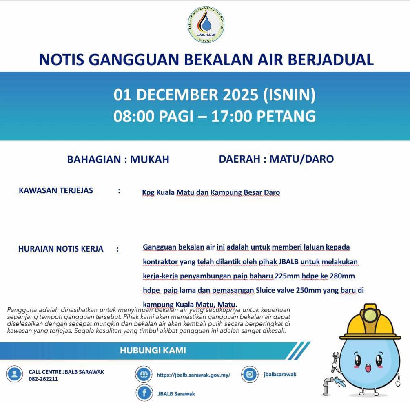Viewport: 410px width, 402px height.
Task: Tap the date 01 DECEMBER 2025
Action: (186, 95)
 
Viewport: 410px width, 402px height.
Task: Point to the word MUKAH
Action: (149, 159)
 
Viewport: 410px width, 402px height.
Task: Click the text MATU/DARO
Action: (301, 159)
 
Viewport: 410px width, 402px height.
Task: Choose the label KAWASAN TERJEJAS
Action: (56, 190)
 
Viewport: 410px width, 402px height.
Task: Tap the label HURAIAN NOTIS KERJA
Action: (61, 249)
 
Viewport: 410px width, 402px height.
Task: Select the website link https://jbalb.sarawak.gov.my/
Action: (193, 375)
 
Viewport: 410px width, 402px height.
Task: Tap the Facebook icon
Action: (144, 393)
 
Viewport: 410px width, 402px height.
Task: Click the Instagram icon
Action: (250, 374)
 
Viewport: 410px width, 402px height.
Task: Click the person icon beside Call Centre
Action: (15, 374)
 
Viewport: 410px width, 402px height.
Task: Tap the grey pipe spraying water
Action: (328, 383)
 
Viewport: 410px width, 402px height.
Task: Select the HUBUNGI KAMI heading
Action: (153, 350)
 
